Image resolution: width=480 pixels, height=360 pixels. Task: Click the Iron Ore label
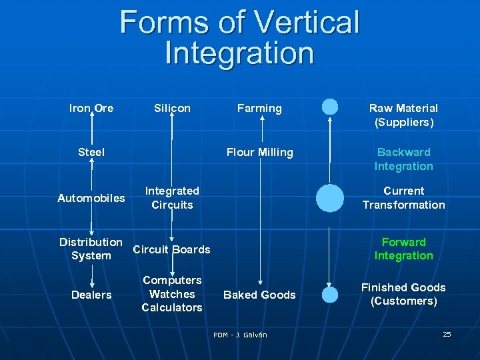(x=91, y=108)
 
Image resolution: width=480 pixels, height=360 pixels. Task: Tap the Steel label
(x=91, y=152)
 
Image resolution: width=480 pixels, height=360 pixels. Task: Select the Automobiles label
(x=91, y=198)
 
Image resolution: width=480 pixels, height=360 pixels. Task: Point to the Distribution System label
(x=91, y=249)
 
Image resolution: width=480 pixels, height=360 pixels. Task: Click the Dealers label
(x=91, y=295)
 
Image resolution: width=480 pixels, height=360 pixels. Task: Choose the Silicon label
(x=172, y=108)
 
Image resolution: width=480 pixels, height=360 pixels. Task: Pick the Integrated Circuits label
(x=172, y=198)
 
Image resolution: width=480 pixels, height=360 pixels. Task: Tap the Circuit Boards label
(x=172, y=249)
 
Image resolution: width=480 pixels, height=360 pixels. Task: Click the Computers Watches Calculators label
(x=172, y=294)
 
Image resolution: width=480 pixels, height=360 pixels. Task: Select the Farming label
(x=260, y=108)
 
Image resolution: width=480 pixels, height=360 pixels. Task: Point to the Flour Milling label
(x=260, y=152)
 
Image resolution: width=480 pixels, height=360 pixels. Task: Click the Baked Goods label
(x=260, y=295)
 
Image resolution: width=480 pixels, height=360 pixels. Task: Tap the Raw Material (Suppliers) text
(x=403, y=115)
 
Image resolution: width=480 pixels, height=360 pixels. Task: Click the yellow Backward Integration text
(x=403, y=159)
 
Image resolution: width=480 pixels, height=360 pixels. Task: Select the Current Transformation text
(x=403, y=198)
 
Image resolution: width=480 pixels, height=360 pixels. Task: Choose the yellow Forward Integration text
(x=403, y=249)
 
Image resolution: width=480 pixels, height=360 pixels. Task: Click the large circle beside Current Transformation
(x=329, y=198)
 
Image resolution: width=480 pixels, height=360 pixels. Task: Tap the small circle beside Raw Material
(x=329, y=107)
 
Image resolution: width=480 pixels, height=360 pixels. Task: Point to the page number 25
(x=447, y=334)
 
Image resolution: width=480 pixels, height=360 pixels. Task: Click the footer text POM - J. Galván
(x=240, y=335)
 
